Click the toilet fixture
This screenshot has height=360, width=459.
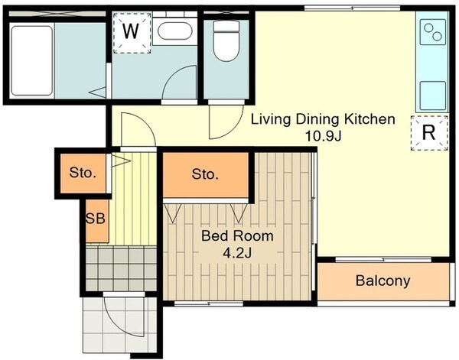pos(226,41)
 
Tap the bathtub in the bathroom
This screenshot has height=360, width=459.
pos(32,60)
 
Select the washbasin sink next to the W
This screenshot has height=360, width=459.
pos(174,31)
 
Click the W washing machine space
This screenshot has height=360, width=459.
pos(132,32)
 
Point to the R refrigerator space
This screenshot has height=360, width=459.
pos(429,133)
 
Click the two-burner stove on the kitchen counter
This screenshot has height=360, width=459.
pos(433,32)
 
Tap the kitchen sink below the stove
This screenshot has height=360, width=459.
pos(433,96)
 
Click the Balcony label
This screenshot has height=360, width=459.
pos(383,281)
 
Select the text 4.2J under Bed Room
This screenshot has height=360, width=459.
pos(237,253)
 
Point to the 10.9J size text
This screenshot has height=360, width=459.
pos(323,135)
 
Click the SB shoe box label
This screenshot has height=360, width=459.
pos(96,218)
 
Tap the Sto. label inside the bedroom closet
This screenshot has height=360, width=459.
pos(205,174)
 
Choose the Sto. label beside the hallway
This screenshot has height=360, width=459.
pos(83,173)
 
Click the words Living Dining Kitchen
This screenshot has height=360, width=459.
pos(323,119)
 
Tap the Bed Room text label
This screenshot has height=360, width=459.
pos(237,236)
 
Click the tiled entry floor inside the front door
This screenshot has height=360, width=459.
pos(121,268)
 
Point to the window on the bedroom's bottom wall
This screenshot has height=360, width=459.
pos(209,303)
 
